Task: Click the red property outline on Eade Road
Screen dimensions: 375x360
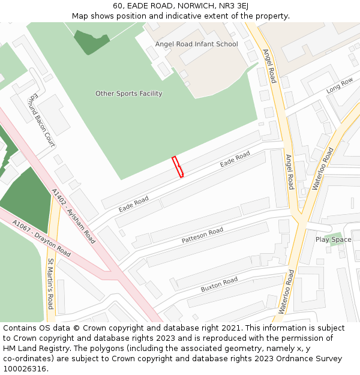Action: click(178, 167)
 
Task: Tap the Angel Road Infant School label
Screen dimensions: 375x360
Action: click(196, 44)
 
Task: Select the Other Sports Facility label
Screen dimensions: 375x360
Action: click(128, 94)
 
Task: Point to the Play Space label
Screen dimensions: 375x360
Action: click(333, 240)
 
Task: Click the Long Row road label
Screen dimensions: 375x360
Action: click(339, 86)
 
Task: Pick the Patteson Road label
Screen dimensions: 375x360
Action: click(202, 235)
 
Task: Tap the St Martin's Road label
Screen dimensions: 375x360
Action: click(51, 284)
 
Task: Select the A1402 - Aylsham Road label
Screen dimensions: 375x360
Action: click(73, 216)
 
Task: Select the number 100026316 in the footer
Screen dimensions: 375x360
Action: click(25, 368)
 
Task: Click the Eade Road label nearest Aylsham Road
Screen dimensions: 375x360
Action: click(133, 204)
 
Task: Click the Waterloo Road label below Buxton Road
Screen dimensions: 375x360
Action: click(285, 292)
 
